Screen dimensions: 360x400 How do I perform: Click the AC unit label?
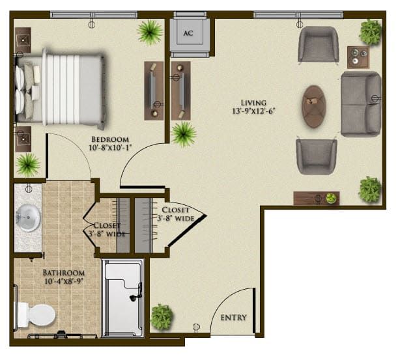pyautogui.click(x=188, y=33)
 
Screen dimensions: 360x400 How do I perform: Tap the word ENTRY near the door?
pyautogui.click(x=233, y=318)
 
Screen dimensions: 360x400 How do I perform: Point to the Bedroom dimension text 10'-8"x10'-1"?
pyautogui.click(x=109, y=148)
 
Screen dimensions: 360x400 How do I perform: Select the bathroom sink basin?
pyautogui.click(x=28, y=217)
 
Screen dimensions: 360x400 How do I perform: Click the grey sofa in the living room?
pyautogui.click(x=360, y=104)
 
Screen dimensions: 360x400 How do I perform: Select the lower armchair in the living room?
pyautogui.click(x=316, y=156)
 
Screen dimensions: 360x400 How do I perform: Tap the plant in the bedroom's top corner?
pyautogui.click(x=150, y=31)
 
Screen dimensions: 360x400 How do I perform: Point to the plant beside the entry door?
pyautogui.click(x=161, y=317)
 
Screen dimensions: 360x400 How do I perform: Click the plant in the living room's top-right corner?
pyautogui.click(x=370, y=31)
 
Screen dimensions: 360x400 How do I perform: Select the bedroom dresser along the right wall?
pyautogui.click(x=154, y=89)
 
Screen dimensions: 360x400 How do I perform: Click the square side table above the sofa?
pyautogui.click(x=356, y=57)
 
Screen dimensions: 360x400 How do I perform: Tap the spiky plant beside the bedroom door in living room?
pyautogui.click(x=183, y=134)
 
